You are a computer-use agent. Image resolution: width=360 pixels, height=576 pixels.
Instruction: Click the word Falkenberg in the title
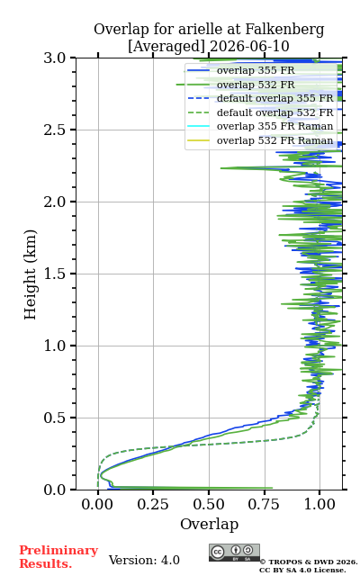284,30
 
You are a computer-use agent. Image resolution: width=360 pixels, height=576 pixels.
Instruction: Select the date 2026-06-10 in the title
250,46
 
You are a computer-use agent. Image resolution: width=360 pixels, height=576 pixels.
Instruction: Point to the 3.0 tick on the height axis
54,58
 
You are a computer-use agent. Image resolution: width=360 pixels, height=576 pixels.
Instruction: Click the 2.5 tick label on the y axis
54,130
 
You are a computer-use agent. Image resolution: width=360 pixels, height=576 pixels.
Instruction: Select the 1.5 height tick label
54,274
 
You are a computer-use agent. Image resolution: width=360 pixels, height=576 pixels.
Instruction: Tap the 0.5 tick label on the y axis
54,418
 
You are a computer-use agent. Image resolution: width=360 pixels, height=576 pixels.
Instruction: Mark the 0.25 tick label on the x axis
153,504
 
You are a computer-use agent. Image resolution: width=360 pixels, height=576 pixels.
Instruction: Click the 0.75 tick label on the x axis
264,504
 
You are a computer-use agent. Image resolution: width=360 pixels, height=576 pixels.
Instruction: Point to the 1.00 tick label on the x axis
319,504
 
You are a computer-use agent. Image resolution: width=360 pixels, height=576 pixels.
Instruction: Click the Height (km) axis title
31,274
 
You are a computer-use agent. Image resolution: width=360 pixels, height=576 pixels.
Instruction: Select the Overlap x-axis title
210,524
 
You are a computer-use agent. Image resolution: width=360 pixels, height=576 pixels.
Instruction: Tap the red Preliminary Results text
58,557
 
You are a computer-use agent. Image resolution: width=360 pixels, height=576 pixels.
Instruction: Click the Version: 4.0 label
144,560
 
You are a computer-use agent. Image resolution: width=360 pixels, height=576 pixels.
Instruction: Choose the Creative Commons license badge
234,553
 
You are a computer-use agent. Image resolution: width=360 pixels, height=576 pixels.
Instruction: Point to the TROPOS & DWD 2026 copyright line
309,562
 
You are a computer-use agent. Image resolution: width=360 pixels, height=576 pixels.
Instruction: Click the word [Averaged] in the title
166,47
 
